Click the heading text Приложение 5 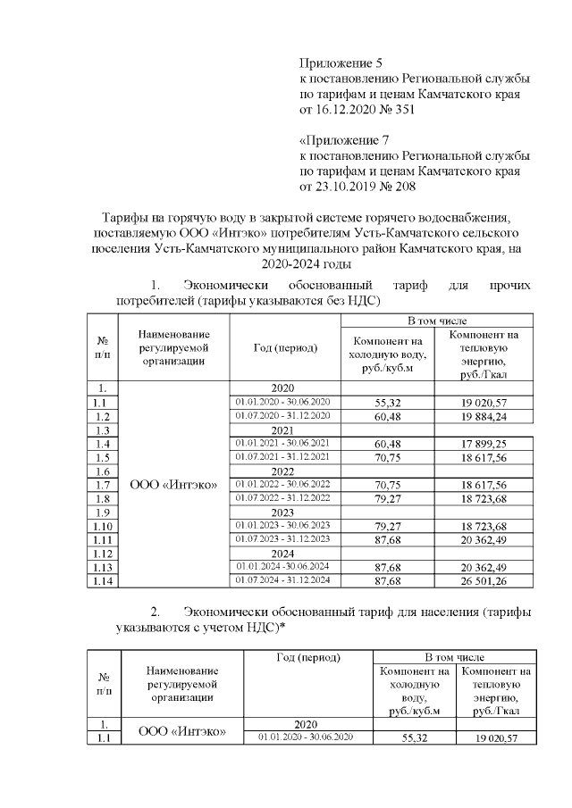tap(340, 63)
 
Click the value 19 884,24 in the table tap(484, 416)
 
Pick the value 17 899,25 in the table tap(484, 444)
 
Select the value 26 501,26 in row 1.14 tap(484, 581)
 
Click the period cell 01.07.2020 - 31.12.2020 tap(282, 416)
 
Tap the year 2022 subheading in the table tap(282, 471)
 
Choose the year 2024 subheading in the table tap(282, 554)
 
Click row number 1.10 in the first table tap(102, 526)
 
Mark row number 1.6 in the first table tap(102, 471)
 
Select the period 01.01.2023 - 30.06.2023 tap(282, 526)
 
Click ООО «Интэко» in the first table tap(174, 485)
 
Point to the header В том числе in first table tap(437, 320)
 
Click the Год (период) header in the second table tap(309, 658)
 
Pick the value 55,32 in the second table tap(414, 738)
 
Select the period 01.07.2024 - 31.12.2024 tap(282, 581)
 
